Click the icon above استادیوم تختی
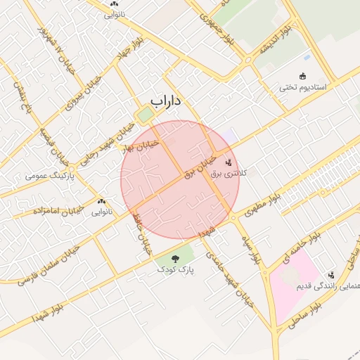(x=303, y=76)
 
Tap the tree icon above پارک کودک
(x=174, y=259)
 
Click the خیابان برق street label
(x=202, y=167)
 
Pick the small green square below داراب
(x=145, y=115)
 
